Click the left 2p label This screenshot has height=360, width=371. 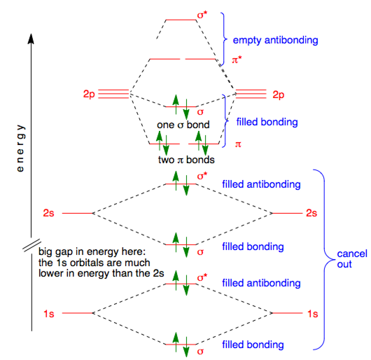coord(89,94)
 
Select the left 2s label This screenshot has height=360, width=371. coord(49,213)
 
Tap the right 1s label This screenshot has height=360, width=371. coord(313,314)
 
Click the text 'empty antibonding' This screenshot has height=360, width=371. coord(275,40)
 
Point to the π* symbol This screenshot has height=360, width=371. coord(237,60)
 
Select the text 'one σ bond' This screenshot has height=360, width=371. coord(183,125)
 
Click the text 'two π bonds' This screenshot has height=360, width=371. coord(186,160)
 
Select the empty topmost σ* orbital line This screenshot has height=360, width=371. coord(181,20)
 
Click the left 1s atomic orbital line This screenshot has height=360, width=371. coord(78,313)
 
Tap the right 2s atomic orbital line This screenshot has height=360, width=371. coord(287,213)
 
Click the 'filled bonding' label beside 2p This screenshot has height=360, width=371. coord(267,122)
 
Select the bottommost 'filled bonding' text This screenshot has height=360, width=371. coord(253,345)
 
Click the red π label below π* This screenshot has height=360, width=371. coord(238,144)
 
